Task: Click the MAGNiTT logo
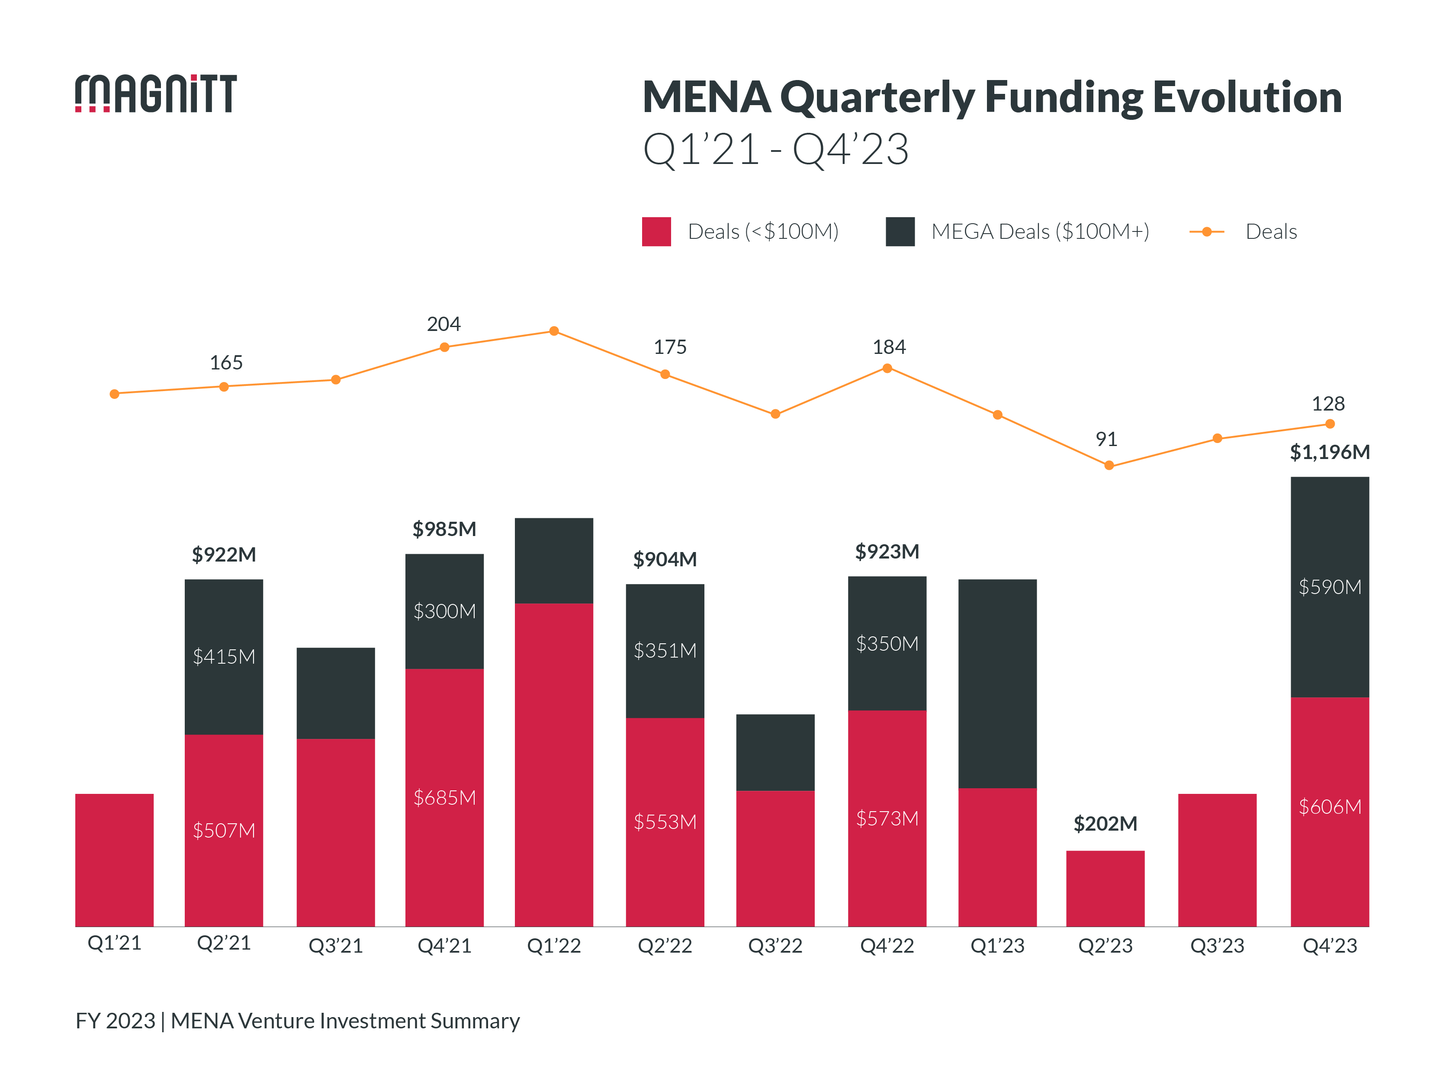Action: [x=155, y=93]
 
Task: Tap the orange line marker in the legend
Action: [x=1206, y=231]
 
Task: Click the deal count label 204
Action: [x=444, y=324]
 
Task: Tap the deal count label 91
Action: [x=1106, y=439]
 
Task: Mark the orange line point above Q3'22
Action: [x=775, y=414]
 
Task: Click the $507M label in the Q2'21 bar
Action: [x=224, y=830]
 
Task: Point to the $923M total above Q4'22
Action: [x=887, y=551]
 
